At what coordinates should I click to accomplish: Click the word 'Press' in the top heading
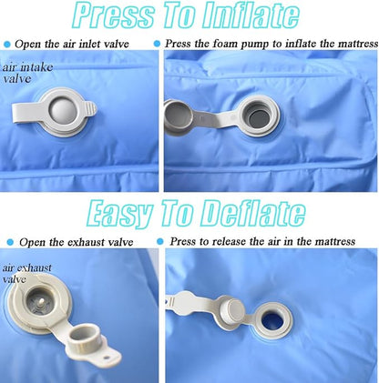[x=114, y=15]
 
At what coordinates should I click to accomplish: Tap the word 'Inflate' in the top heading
[x=251, y=15]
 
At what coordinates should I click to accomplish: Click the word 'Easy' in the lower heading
[x=119, y=214]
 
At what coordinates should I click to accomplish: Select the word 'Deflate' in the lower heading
[x=252, y=213]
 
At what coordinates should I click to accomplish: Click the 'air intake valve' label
[x=27, y=73]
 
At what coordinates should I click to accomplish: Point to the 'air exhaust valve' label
[x=26, y=273]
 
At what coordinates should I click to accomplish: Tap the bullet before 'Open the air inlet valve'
[x=7, y=45]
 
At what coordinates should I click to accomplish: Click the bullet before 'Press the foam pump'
[x=157, y=44]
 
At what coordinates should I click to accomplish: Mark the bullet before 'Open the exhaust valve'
[x=10, y=242]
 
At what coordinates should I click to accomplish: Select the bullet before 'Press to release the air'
[x=160, y=242]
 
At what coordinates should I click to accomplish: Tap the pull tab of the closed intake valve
[x=28, y=113]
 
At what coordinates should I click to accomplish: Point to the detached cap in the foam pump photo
[x=178, y=116]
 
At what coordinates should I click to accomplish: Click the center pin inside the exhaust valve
[x=41, y=301]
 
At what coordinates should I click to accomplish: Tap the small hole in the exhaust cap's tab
[x=106, y=358]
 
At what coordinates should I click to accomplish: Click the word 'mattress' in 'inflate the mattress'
[x=358, y=44]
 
